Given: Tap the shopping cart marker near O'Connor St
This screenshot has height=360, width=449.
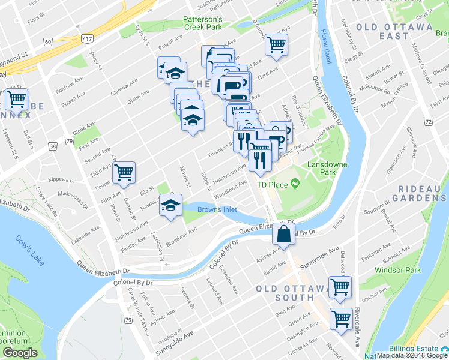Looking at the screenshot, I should [x=276, y=44].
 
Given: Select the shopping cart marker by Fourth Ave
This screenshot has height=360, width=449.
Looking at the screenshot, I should [x=124, y=173].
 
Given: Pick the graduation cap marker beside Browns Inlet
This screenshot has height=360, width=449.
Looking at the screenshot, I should [x=170, y=206].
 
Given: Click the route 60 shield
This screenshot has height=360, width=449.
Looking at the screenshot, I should [x=47, y=41].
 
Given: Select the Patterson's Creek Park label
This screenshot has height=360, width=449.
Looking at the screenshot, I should [x=203, y=23].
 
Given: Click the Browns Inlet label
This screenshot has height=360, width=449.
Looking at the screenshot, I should [x=217, y=210].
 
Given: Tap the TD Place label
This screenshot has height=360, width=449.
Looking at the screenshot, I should [x=273, y=185].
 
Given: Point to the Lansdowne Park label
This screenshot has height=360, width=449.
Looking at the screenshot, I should [x=324, y=167].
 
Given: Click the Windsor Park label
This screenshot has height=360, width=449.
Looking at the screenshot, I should [x=395, y=271].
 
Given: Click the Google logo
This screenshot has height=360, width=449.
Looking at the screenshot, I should [x=20, y=353].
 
